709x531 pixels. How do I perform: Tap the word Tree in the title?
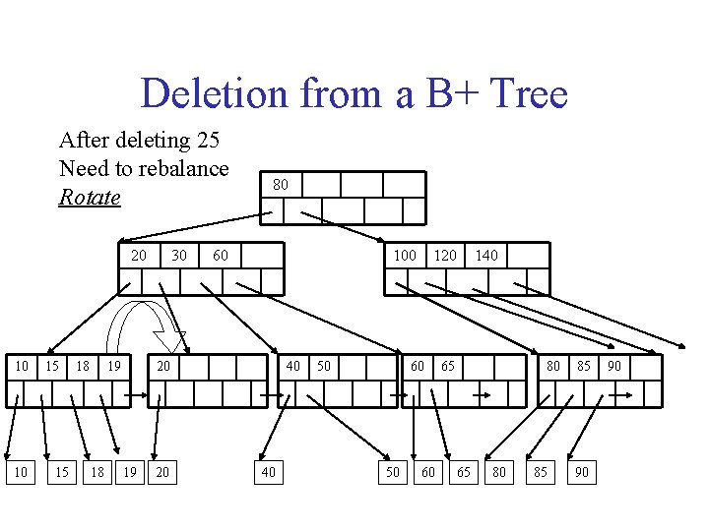click(528, 94)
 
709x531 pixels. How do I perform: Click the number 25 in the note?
click(205, 140)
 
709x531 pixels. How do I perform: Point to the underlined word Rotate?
click(90, 197)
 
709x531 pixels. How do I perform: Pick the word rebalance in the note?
click(177, 168)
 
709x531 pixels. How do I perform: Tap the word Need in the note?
click(80, 168)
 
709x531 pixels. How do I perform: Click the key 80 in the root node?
click(281, 185)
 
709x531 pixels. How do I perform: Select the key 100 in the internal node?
click(404, 256)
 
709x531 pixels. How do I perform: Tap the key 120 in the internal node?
click(445, 256)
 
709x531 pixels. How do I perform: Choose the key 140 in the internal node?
click(486, 256)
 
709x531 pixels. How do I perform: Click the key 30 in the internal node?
click(178, 256)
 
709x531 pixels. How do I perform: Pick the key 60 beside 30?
click(221, 256)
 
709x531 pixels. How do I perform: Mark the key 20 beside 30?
click(138, 256)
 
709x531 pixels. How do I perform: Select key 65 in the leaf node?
click(448, 367)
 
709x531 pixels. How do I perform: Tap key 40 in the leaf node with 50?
click(293, 367)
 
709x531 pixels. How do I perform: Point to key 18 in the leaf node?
click(85, 367)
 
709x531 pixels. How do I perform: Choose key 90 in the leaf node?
click(613, 367)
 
